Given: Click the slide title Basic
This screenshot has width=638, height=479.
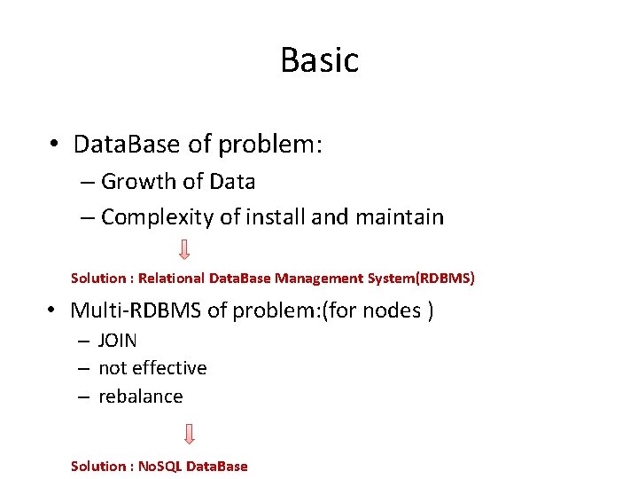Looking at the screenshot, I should pyautogui.click(x=319, y=60).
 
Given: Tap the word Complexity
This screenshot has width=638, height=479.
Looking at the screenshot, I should pyautogui.click(x=153, y=217).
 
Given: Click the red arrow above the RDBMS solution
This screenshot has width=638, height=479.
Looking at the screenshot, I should pyautogui.click(x=184, y=249).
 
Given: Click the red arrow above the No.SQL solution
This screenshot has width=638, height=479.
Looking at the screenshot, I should pyautogui.click(x=190, y=435).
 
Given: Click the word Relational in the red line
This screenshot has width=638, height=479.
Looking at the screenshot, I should pyautogui.click(x=172, y=279).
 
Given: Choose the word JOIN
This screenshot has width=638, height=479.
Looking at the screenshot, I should pyautogui.click(x=118, y=341).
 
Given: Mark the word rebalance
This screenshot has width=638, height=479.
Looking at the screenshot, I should pyautogui.click(x=140, y=397).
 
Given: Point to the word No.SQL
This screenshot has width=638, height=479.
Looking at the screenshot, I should pyautogui.click(x=159, y=467).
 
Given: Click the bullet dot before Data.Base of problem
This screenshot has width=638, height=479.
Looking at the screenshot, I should pyautogui.click(x=55, y=145).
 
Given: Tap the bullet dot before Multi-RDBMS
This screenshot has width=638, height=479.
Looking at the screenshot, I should pyautogui.click(x=53, y=311).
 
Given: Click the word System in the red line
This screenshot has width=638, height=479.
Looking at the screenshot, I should pyautogui.click(x=388, y=279).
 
